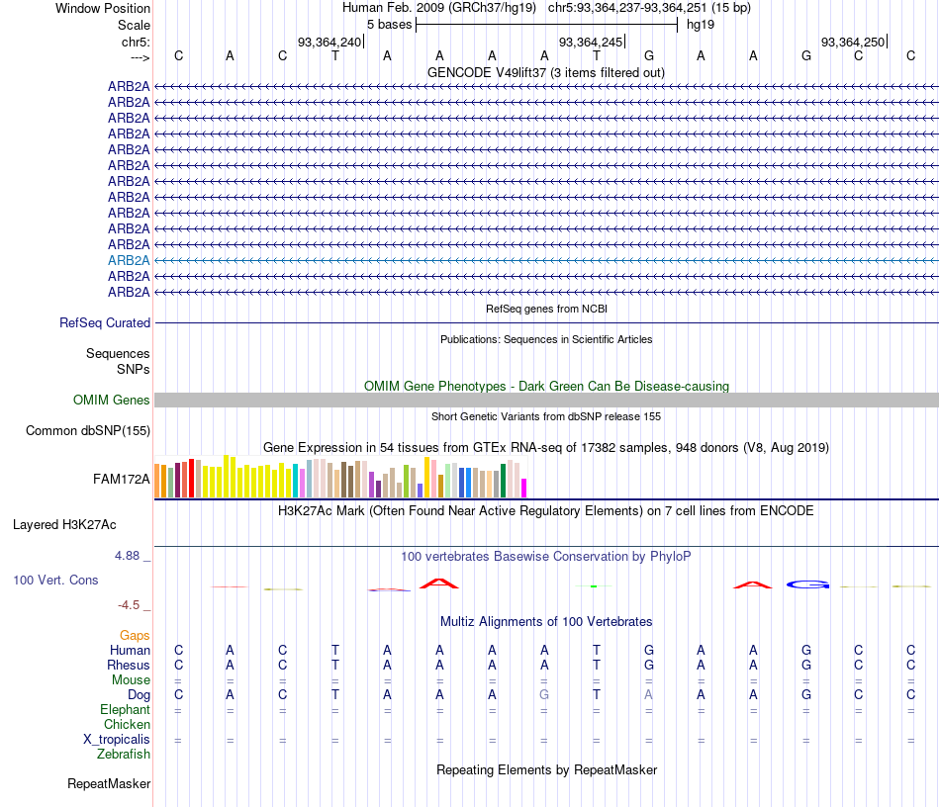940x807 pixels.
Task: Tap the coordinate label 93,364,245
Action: click(591, 42)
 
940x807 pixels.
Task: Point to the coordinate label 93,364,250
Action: click(852, 42)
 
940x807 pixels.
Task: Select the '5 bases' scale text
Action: click(389, 24)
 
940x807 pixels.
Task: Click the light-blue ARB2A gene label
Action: click(129, 260)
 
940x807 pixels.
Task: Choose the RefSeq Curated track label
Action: click(105, 322)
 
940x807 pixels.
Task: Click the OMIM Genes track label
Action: click(112, 400)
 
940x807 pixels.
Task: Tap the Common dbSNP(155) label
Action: click(88, 430)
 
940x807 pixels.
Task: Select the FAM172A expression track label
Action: click(122, 480)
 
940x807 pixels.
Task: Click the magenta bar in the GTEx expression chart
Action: click(524, 488)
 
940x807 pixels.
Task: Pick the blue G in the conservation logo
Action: click(807, 584)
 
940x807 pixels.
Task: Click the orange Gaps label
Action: click(135, 635)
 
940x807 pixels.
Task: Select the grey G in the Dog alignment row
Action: click(543, 694)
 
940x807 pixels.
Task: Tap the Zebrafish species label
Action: click(124, 754)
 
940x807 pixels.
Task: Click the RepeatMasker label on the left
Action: click(109, 784)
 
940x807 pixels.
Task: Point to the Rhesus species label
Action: click(129, 665)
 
